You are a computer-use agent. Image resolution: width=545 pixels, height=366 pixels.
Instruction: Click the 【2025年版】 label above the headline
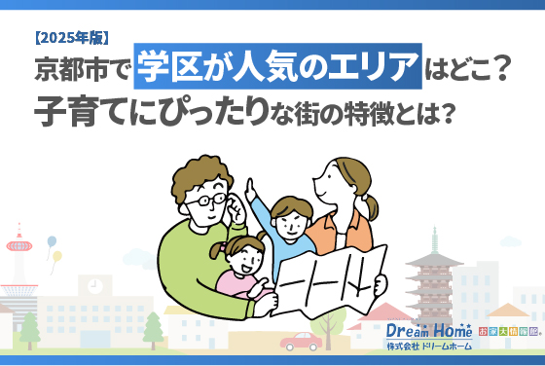(x=70, y=39)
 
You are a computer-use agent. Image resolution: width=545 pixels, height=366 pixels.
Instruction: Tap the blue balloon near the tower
(x=51, y=241)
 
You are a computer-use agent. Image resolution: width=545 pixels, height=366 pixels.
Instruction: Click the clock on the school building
(x=94, y=286)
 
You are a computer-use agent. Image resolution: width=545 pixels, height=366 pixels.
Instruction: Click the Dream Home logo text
(x=429, y=331)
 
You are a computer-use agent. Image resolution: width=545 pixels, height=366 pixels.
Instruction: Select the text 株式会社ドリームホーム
(x=428, y=348)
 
